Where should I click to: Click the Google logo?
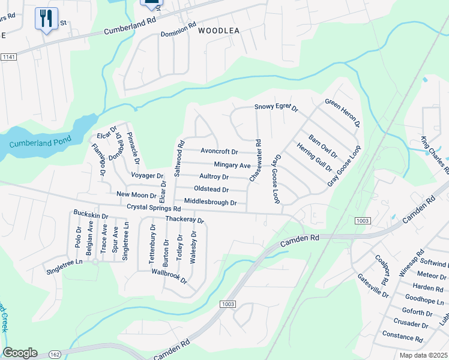pyautogui.click(x=20, y=353)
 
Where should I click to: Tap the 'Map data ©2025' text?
pyautogui.click(x=423, y=355)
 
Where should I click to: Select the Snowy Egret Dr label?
pyautogui.click(x=276, y=107)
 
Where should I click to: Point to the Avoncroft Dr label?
pyautogui.click(x=219, y=152)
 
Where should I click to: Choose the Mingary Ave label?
pyautogui.click(x=232, y=164)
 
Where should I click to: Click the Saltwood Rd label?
pyautogui.click(x=178, y=158)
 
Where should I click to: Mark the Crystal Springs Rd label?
pyautogui.click(x=154, y=208)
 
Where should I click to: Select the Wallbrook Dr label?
pyautogui.click(x=169, y=280)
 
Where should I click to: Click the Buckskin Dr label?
pyautogui.click(x=91, y=214)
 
